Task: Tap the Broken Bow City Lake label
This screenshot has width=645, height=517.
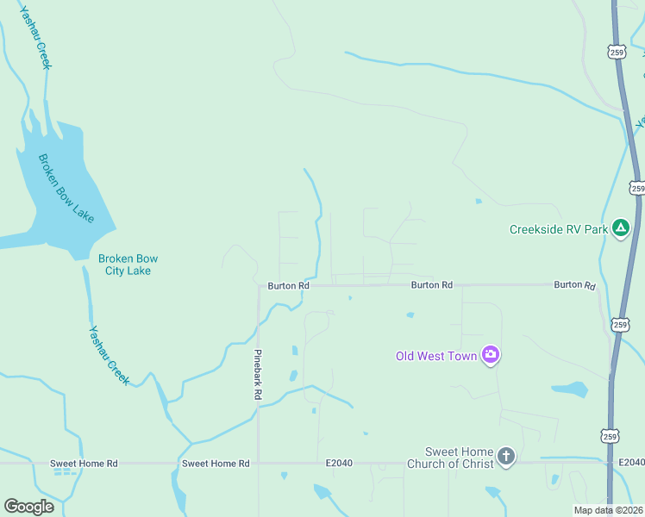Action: coord(128,265)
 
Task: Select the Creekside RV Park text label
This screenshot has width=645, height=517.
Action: coord(558,229)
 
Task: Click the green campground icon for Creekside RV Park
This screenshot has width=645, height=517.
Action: coord(620,228)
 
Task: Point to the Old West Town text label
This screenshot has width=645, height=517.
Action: coord(436,356)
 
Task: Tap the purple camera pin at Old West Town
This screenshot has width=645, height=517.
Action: coord(491,354)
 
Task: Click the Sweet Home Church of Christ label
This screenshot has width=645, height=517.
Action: coord(460,458)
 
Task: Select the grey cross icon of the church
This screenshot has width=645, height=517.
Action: coord(506,457)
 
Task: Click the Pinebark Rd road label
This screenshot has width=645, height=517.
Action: coord(257,375)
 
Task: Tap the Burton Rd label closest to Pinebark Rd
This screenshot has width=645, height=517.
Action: coord(288,285)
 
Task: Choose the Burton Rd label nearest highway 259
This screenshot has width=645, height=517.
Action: coord(574,284)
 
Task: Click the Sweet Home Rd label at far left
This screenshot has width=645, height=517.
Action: coord(84,464)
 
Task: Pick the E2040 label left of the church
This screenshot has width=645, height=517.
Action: coord(340,464)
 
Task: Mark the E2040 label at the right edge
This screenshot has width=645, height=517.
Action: coord(630,464)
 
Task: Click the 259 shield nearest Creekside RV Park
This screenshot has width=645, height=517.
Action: coord(637,188)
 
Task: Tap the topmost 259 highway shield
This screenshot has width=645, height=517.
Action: coord(616,52)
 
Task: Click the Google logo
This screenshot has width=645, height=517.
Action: coord(28,506)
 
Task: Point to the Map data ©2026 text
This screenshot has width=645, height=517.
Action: coord(608,510)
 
